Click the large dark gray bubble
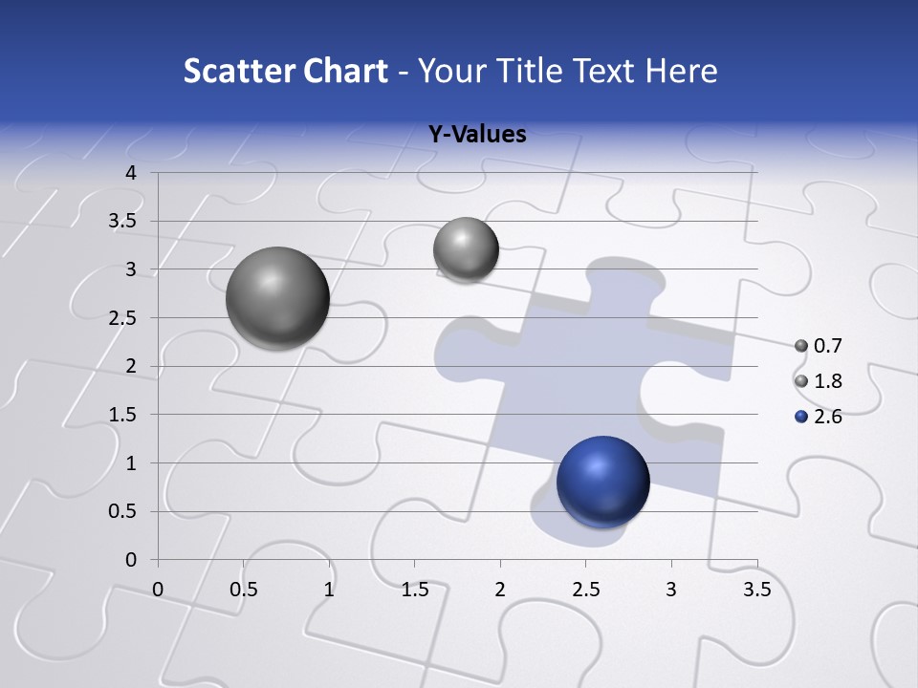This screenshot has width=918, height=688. pyautogui.click(x=277, y=297)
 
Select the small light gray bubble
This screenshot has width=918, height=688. pyautogui.click(x=466, y=249)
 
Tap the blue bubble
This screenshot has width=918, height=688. pyautogui.click(x=602, y=482)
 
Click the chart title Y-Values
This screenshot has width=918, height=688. pyautogui.click(x=477, y=135)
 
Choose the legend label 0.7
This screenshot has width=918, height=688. pyautogui.click(x=827, y=346)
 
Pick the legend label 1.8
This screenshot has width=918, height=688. pyautogui.click(x=827, y=381)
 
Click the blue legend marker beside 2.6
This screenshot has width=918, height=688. pyautogui.click(x=801, y=417)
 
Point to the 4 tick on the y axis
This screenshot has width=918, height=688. pyautogui.click(x=131, y=173)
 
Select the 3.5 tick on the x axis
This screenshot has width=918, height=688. pyautogui.click(x=756, y=590)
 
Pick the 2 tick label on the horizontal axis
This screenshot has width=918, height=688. pyautogui.click(x=500, y=590)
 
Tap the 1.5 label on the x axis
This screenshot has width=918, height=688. pyautogui.click(x=414, y=590)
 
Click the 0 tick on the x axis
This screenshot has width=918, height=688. pyautogui.click(x=158, y=590)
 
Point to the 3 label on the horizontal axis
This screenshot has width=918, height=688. pyautogui.click(x=671, y=590)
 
